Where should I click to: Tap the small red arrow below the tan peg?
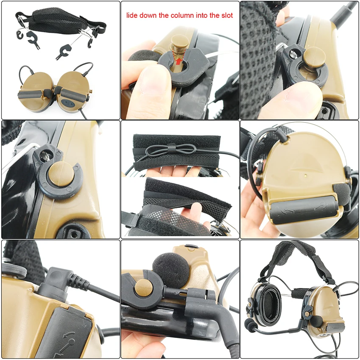(x=178, y=61)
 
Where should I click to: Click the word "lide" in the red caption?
(x=133, y=16)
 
